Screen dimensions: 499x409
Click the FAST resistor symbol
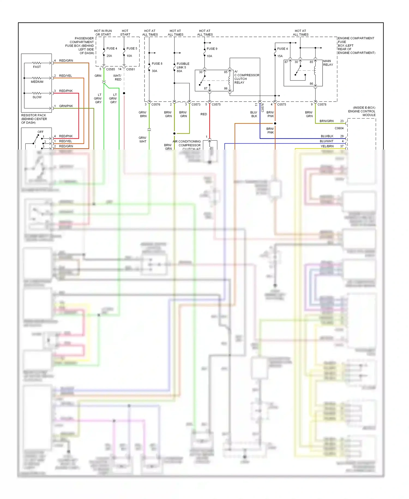(37, 63)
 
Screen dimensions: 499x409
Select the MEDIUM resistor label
(37, 82)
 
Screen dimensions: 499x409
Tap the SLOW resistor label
(37, 97)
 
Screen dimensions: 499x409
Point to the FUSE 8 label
(157, 64)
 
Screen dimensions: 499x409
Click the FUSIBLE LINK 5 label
(183, 66)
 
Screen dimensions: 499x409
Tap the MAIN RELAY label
(328, 63)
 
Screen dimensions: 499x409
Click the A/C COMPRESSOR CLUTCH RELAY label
(246, 77)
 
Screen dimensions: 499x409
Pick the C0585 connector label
(110, 69)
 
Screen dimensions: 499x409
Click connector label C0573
(196, 105)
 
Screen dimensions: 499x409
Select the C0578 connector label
(322, 105)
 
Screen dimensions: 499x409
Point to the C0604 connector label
(339, 128)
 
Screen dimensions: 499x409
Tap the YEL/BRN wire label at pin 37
(327, 146)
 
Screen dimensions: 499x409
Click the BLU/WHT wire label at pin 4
(326, 141)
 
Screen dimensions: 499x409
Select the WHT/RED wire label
(118, 78)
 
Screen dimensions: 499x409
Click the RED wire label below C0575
(204, 114)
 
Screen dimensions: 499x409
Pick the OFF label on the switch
(40, 132)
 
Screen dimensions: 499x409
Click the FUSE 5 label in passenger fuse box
(132, 49)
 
